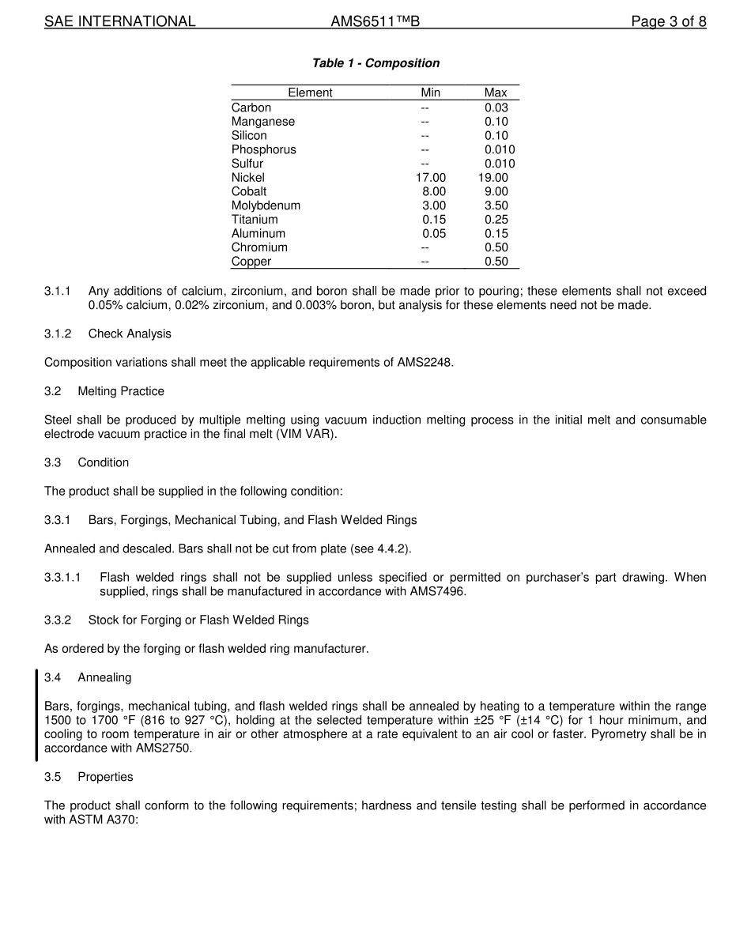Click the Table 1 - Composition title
tap(375, 63)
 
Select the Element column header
tap(310, 92)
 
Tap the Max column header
tap(496, 92)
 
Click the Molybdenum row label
tap(266, 205)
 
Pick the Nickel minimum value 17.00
tap(431, 178)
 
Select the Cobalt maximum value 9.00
tap(496, 191)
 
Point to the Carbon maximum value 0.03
tap(496, 107)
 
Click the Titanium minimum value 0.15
tap(434, 220)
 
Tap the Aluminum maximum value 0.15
tap(496, 233)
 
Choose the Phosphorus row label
tap(264, 149)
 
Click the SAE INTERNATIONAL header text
tap(119, 21)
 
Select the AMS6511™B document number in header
tap(375, 21)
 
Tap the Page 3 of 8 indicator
tap(668, 21)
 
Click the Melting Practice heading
tap(121, 391)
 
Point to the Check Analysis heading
tap(130, 334)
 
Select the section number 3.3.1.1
tap(62, 578)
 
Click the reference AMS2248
tap(425, 363)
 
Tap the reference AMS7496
tap(436, 591)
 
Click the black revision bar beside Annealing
tap(36, 714)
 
